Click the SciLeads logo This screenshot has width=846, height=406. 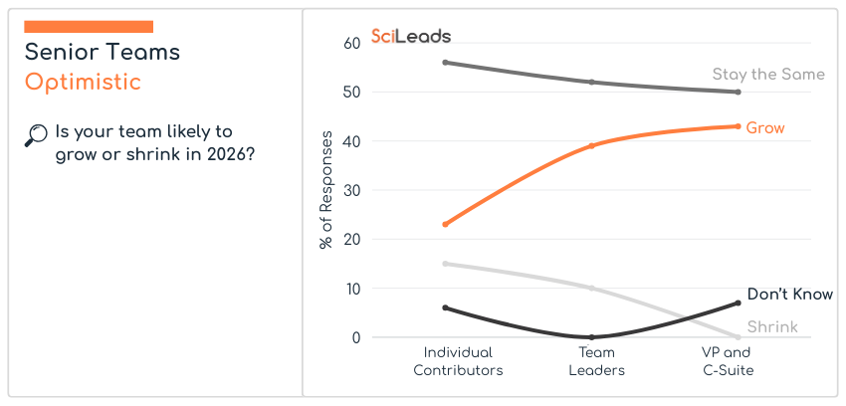[410, 36]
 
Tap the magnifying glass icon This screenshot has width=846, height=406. [36, 135]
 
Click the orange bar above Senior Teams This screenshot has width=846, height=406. [89, 27]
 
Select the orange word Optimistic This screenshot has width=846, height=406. [83, 82]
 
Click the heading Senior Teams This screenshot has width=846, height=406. [103, 52]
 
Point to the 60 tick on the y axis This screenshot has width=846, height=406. [351, 43]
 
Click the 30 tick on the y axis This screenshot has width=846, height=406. [351, 190]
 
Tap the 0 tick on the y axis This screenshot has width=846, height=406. [355, 338]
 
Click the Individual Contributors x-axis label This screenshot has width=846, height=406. [458, 361]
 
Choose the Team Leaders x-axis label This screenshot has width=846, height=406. [596, 361]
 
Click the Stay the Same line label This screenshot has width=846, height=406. [768, 75]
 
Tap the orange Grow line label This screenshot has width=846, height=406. [765, 128]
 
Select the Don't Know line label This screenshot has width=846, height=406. [789, 295]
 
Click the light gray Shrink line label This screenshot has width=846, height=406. [772, 326]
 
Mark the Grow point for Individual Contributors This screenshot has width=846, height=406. [446, 224]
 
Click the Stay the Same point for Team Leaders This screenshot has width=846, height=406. [592, 82]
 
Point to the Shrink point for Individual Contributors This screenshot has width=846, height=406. [446, 264]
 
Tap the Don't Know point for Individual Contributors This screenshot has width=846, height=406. [446, 307]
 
